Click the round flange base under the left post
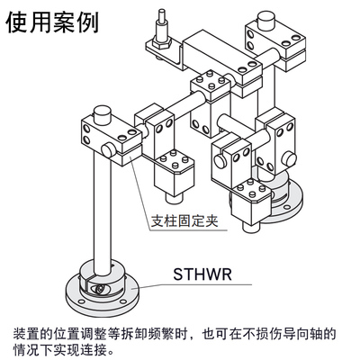[x=103, y=290]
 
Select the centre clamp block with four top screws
[x=209, y=89]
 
